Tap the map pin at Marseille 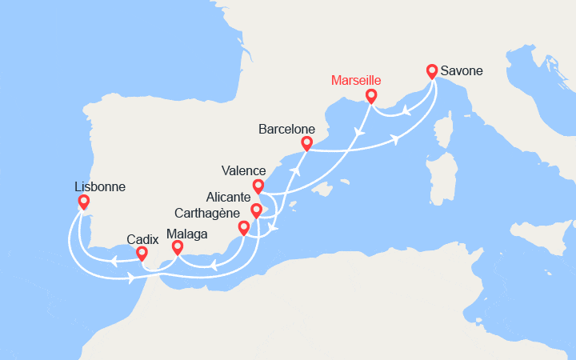pyautogui.click(x=371, y=96)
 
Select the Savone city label pyautogui.click(x=461, y=71)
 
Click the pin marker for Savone pyautogui.click(x=433, y=70)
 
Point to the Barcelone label pyautogui.click(x=286, y=129)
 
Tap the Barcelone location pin pyautogui.click(x=306, y=143)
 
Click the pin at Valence pyautogui.click(x=258, y=186)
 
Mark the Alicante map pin pyautogui.click(x=256, y=210)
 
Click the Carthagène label pyautogui.click(x=206, y=213)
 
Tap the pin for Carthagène pyautogui.click(x=243, y=228)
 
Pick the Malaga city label pyautogui.click(x=187, y=234)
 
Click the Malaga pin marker pyautogui.click(x=178, y=247)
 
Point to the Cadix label pyautogui.click(x=141, y=239)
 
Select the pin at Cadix pyautogui.click(x=142, y=254)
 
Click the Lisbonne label pyautogui.click(x=98, y=187)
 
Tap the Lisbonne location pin pyautogui.click(x=83, y=202)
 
